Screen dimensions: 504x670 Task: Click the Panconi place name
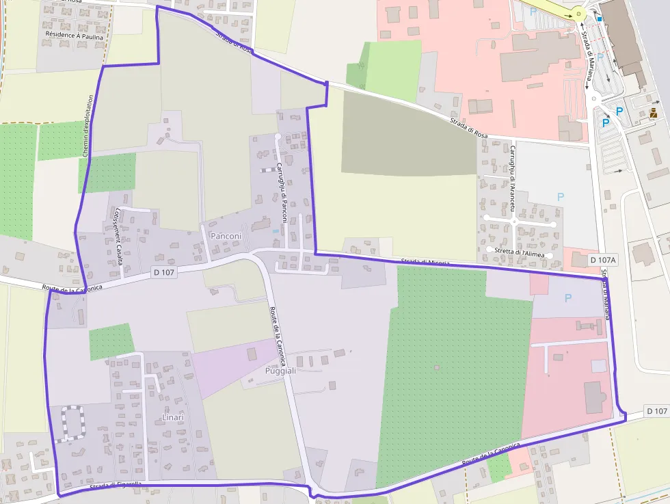226,236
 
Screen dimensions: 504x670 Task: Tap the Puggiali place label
280,370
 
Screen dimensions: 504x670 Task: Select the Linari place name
173,417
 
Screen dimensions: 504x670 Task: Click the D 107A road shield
603,260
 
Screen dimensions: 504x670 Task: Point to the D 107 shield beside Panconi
164,273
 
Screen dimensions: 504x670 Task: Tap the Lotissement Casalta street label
118,236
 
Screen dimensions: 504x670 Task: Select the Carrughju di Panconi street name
282,193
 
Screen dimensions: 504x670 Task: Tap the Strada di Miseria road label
425,261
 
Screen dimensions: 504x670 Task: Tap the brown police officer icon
654,113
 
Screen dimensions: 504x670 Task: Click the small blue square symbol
600,19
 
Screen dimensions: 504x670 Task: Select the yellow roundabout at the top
579,13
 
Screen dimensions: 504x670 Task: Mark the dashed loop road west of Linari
72,422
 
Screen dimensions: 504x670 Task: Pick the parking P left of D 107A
561,197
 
